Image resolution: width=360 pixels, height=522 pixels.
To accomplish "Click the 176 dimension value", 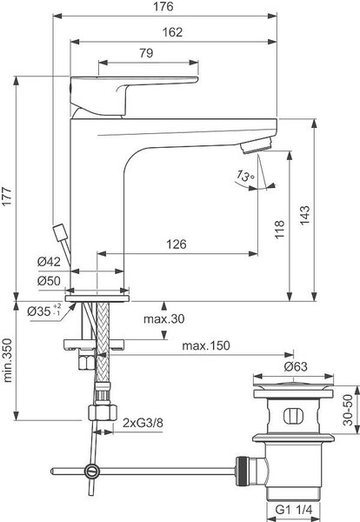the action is [x=163, y=7].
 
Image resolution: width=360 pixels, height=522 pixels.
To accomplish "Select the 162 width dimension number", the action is [x=172, y=32].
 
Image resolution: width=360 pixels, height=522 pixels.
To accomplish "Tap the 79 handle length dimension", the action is [x=146, y=53].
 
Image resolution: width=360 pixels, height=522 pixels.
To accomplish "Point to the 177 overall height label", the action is [x=7, y=197].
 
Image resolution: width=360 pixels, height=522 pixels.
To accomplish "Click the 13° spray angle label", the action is [x=245, y=175].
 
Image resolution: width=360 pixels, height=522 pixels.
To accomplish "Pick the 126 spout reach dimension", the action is [x=177, y=244].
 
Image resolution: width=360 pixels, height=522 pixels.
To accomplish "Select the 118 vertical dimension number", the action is [x=279, y=229].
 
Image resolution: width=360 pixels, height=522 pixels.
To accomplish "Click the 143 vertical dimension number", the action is [x=304, y=216].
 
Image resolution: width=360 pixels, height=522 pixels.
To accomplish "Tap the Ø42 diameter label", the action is [x=49, y=262].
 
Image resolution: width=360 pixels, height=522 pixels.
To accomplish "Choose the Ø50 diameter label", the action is [x=49, y=281].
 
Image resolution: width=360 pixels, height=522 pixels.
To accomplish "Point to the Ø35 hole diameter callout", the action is [x=44, y=311].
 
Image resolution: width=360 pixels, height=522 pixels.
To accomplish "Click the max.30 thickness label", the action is [x=163, y=319].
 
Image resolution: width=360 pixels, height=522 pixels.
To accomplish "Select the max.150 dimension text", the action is [x=206, y=345].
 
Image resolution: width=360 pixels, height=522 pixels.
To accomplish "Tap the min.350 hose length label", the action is [x=7, y=360].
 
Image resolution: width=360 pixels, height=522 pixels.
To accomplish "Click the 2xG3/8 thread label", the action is [x=143, y=423].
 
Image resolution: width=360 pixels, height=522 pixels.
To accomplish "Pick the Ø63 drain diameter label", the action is [x=296, y=367].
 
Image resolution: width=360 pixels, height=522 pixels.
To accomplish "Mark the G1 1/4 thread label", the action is [x=294, y=510].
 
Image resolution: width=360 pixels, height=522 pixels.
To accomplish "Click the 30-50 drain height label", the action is [x=348, y=410].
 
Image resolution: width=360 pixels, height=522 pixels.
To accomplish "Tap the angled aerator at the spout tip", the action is [x=257, y=145].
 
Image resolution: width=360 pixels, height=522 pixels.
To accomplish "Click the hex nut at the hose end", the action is [x=103, y=412].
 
